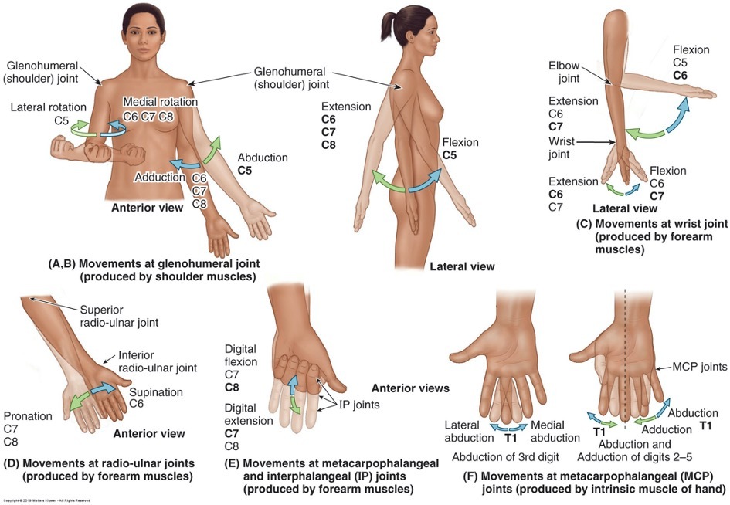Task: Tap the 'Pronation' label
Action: pyautogui.click(x=28, y=416)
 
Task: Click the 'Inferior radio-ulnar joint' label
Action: pyautogui.click(x=158, y=361)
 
